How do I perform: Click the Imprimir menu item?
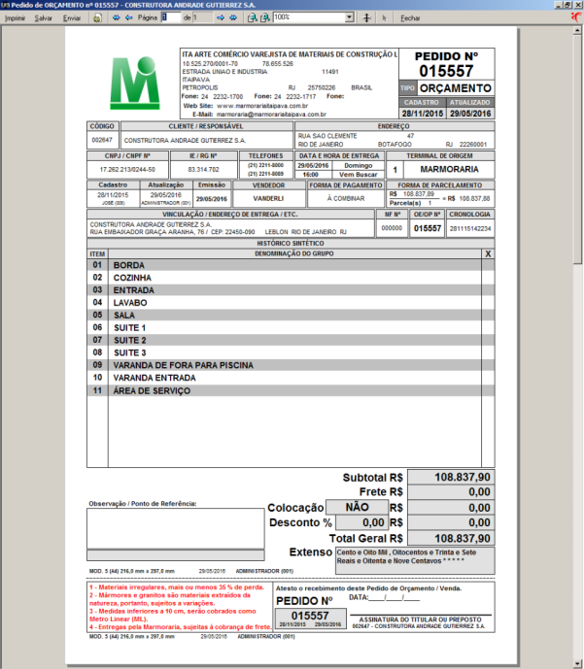click(x=16, y=18)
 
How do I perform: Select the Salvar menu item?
click(x=44, y=18)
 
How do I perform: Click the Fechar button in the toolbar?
click(x=410, y=18)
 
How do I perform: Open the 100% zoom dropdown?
click(x=349, y=17)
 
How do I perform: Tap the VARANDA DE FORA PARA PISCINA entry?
click(x=183, y=365)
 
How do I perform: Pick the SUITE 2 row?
click(x=129, y=340)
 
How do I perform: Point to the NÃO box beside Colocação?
click(x=357, y=507)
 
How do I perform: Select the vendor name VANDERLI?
click(x=268, y=197)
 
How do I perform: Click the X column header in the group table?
click(x=487, y=252)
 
